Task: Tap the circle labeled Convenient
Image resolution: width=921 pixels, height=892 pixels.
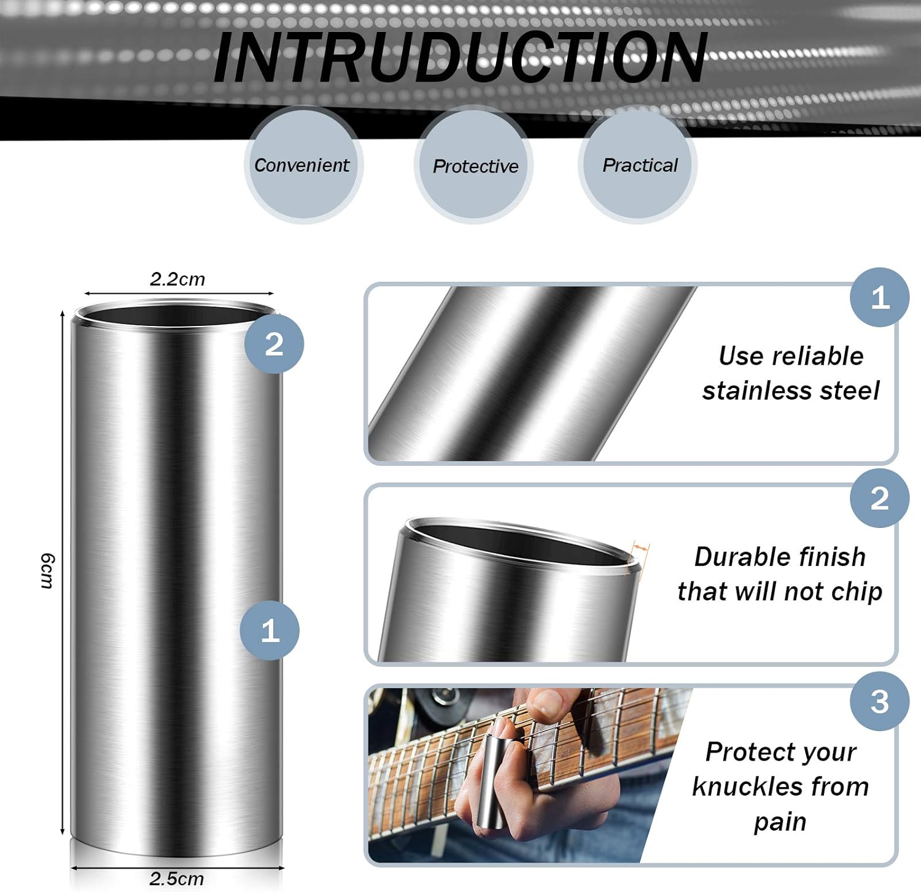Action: (x=303, y=165)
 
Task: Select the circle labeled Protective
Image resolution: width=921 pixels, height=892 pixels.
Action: (x=475, y=166)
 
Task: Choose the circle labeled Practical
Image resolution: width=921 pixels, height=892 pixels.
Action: (x=639, y=165)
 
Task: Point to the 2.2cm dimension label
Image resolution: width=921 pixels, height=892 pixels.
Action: (x=177, y=279)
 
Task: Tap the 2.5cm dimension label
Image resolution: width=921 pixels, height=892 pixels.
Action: (x=177, y=878)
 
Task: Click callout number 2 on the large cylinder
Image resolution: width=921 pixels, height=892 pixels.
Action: (x=274, y=344)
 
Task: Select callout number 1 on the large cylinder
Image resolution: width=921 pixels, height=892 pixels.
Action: (x=270, y=630)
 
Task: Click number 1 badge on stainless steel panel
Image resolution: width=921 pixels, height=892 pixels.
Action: (x=879, y=298)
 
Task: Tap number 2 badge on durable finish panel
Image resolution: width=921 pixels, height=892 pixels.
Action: (x=879, y=498)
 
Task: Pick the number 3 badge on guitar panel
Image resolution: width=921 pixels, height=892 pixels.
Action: (x=879, y=701)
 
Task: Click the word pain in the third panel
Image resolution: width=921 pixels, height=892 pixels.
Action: (x=780, y=821)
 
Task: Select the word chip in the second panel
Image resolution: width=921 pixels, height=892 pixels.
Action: (x=857, y=592)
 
